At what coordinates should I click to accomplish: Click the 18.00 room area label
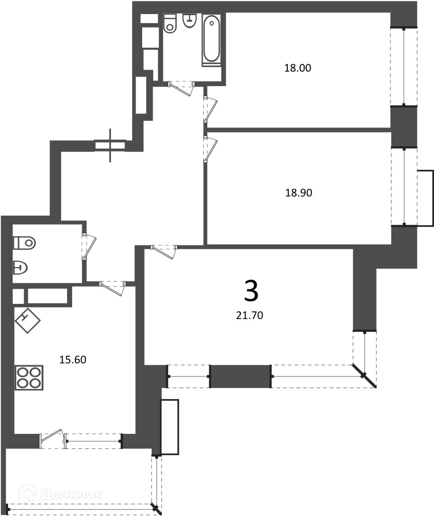click(297, 68)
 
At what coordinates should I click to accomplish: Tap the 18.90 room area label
click(298, 192)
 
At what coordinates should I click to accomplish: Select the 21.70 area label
click(250, 315)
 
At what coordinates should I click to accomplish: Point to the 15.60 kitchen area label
click(73, 360)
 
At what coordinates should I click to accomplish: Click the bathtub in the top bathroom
click(211, 38)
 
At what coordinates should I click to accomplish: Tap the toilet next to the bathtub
click(170, 23)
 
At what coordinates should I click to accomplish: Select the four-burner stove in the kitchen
click(29, 377)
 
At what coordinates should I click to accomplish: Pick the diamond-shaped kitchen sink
click(28, 320)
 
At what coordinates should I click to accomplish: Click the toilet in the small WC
click(24, 243)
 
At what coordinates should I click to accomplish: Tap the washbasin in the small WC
click(20, 268)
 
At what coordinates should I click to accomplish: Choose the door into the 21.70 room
click(164, 252)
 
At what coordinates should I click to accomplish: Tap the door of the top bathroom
click(181, 88)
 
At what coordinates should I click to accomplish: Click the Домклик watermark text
click(61, 494)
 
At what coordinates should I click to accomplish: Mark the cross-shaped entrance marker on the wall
click(110, 145)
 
